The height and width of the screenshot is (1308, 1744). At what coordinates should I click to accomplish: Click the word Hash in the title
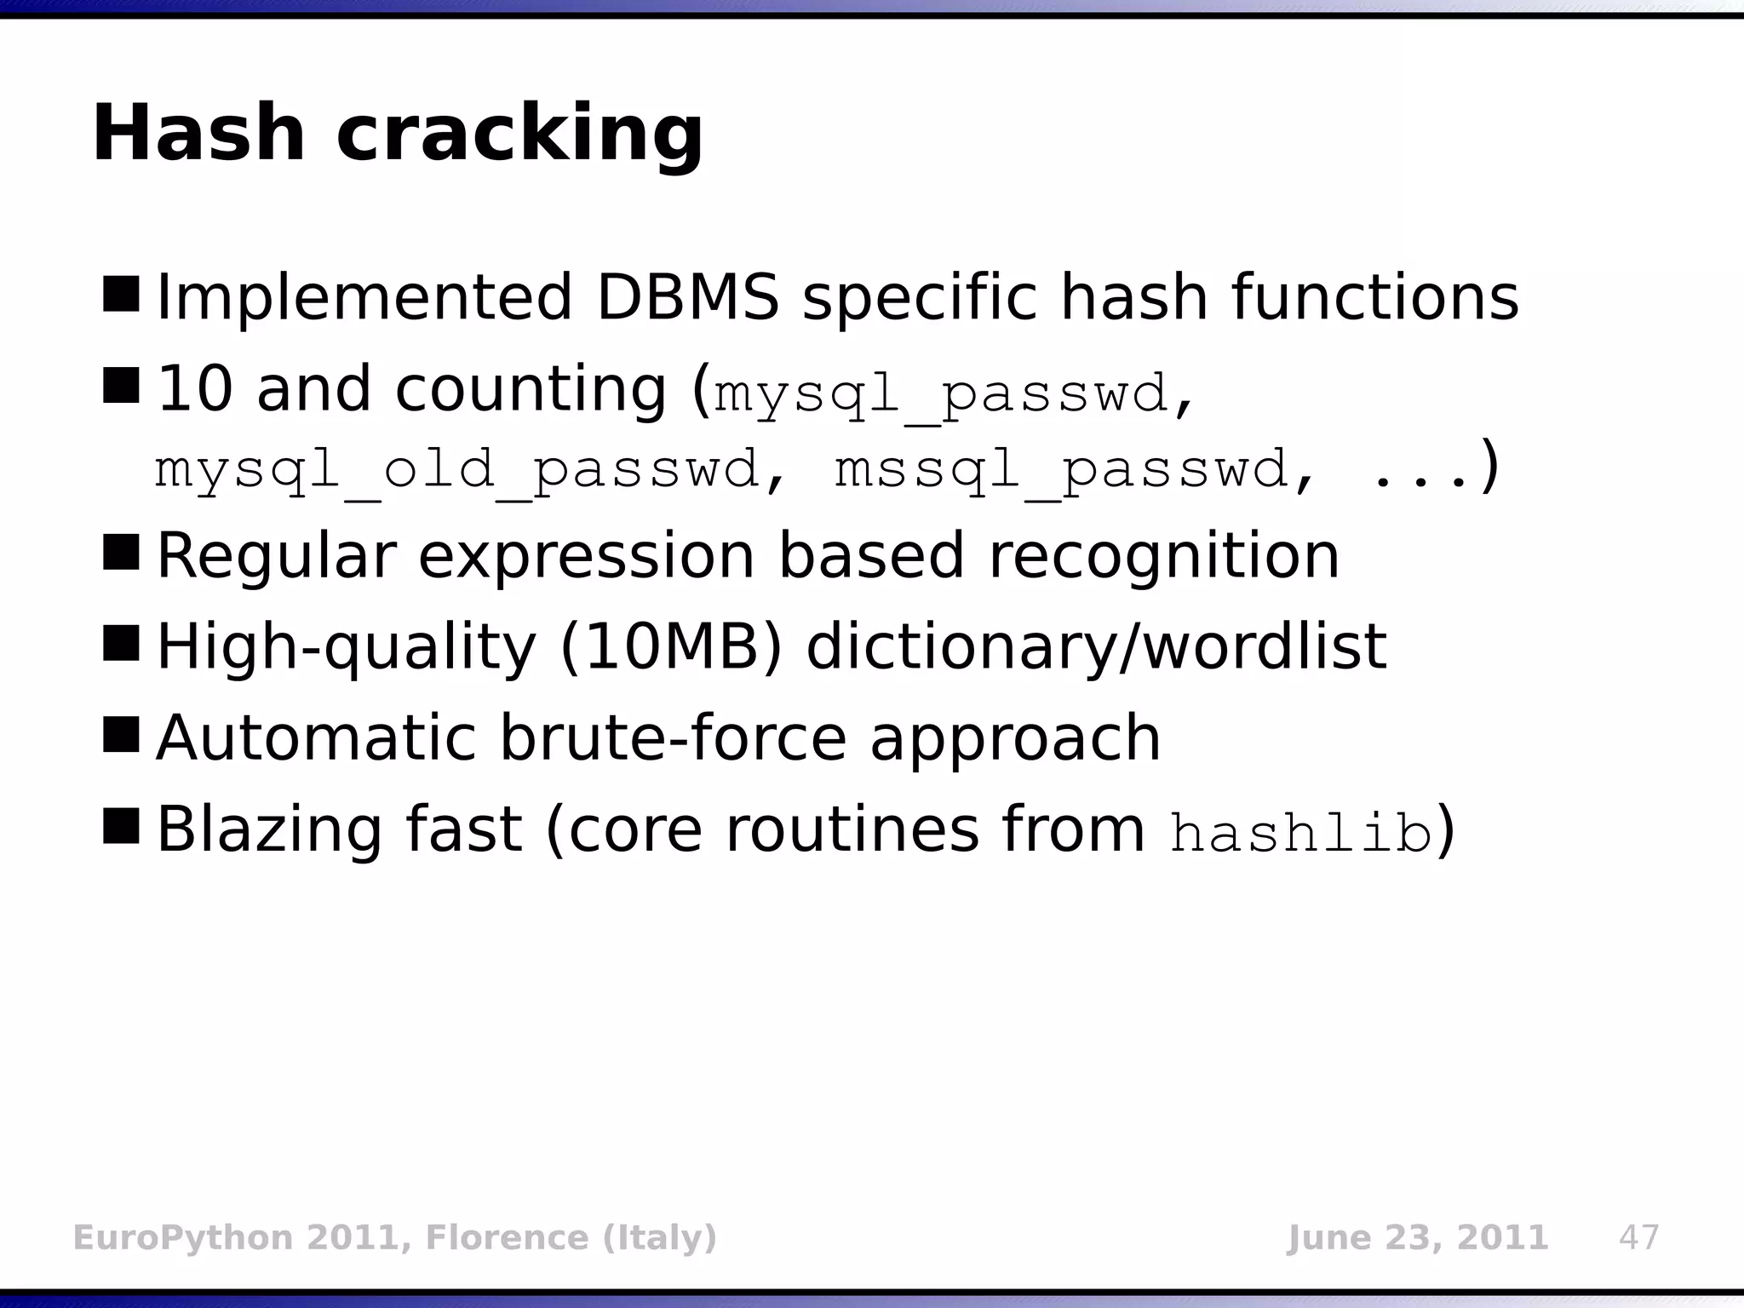click(198, 134)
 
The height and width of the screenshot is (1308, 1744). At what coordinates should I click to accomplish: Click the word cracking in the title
click(519, 136)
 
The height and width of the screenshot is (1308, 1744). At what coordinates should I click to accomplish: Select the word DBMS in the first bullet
click(687, 297)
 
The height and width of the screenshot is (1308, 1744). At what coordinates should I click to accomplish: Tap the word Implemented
click(364, 297)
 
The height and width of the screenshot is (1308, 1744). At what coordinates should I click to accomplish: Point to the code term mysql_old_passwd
click(456, 471)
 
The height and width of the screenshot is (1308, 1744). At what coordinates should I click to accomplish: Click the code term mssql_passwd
click(1061, 471)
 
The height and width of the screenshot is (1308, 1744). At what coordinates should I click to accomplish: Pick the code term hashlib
click(1301, 833)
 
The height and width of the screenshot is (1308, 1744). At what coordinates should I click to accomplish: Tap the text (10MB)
click(670, 647)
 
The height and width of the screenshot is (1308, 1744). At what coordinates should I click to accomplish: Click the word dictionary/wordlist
click(1096, 647)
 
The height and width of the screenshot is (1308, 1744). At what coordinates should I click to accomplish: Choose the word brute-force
click(673, 737)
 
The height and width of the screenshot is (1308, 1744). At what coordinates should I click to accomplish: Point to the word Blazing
click(268, 829)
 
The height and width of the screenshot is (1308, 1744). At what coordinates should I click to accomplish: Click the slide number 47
click(1639, 1237)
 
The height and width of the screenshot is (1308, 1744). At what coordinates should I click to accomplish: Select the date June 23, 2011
click(1417, 1237)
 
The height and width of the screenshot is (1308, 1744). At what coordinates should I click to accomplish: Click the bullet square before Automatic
click(121, 735)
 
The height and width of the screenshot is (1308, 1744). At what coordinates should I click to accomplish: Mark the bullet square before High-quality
click(121, 644)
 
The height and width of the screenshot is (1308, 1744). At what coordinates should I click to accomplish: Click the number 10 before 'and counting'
click(195, 388)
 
